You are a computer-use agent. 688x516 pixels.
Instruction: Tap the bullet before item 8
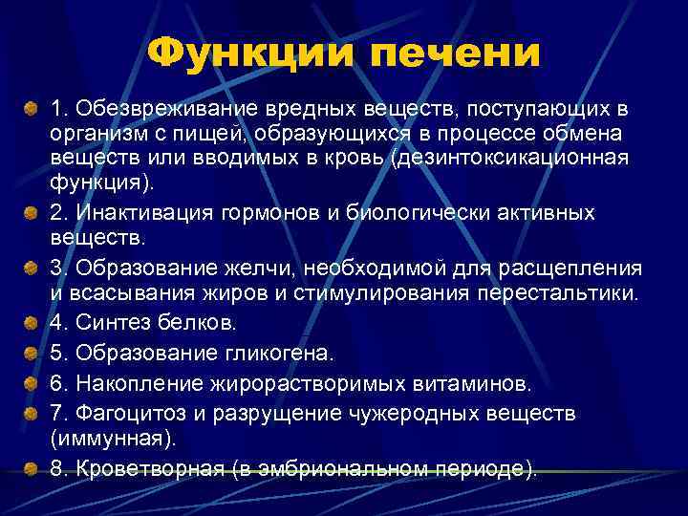32,469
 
